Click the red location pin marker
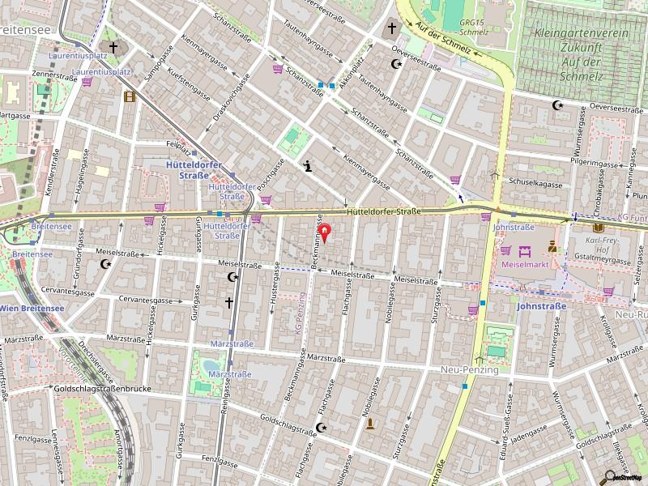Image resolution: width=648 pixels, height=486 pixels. (x=326, y=234)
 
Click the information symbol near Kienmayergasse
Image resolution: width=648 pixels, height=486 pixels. (x=308, y=167)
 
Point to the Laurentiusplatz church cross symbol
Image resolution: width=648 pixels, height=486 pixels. (x=113, y=48)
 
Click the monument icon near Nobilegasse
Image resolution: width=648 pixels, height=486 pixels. (x=370, y=423)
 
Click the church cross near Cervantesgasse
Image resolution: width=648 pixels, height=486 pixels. (x=229, y=303)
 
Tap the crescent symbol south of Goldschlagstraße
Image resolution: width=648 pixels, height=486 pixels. (x=322, y=427)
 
